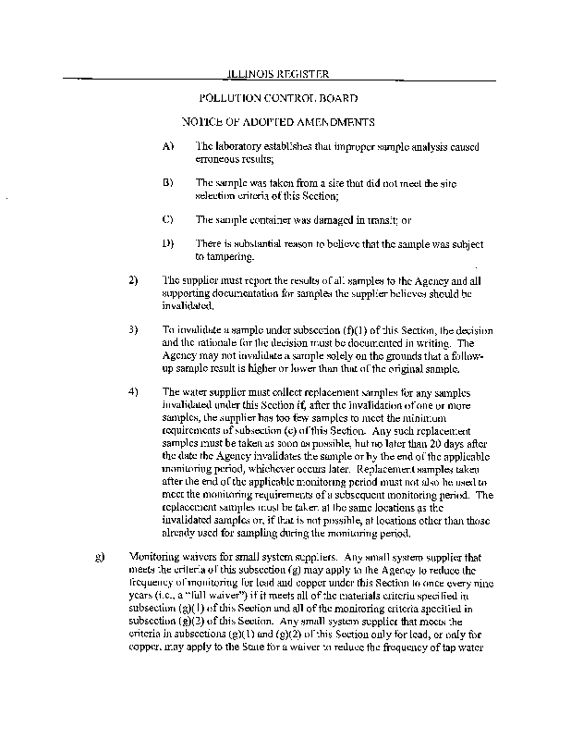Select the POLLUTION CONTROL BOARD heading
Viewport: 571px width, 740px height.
[x=278, y=97]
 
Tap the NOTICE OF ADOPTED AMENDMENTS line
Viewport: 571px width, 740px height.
[x=278, y=122]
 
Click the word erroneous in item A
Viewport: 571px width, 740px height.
[x=217, y=159]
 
